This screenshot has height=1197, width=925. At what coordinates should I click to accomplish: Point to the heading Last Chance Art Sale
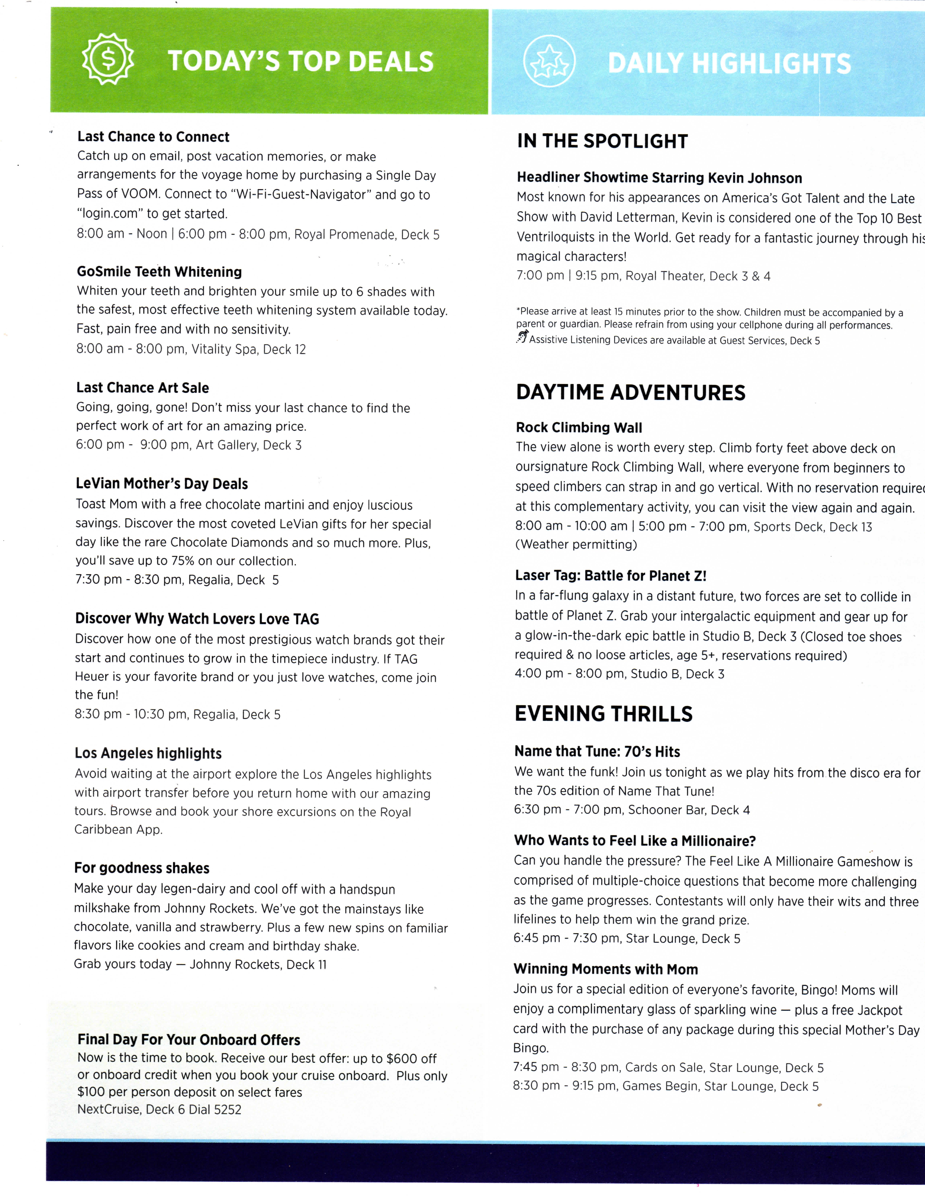point(143,388)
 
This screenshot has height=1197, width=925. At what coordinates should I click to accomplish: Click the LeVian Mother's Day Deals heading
point(162,484)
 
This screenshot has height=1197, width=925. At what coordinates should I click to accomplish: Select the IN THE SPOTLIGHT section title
point(602,141)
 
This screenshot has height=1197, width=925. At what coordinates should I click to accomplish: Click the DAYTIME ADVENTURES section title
point(630,393)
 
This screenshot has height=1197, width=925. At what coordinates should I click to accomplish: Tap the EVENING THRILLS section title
point(603,714)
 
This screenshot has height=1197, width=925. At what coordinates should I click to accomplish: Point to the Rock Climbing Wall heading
point(579,427)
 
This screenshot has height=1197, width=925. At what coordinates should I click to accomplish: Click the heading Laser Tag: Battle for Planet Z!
point(610,575)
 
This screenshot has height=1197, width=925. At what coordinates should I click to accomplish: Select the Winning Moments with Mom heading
point(606,969)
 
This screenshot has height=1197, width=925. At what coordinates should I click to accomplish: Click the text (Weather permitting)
point(576,545)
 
